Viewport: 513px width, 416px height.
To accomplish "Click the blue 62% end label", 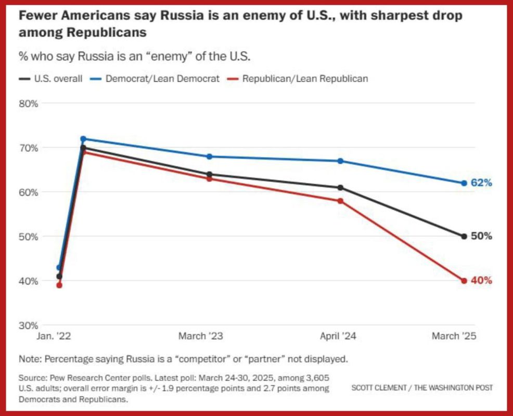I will point(481,183).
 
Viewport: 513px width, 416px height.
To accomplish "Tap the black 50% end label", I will point(481,236).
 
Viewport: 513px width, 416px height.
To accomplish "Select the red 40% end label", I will point(481,281).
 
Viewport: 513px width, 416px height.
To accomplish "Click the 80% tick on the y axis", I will point(29,103).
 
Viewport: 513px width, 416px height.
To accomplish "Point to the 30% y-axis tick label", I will point(29,326).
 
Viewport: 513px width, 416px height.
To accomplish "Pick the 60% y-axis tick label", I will point(29,192).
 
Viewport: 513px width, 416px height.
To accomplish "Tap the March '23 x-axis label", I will point(200,336).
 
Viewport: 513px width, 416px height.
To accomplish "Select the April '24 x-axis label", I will point(338,336).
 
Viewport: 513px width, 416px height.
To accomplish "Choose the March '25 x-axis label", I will point(454,336).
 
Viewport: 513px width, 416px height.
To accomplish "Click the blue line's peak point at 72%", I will point(83,139).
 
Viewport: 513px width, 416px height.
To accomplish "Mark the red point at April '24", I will point(340,201).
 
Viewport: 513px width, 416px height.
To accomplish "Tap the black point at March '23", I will point(209,174).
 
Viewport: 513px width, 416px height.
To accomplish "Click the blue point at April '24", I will point(340,161).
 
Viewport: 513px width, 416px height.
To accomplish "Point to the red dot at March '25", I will point(464,281).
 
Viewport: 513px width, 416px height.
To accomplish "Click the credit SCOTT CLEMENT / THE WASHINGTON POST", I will point(422,388).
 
